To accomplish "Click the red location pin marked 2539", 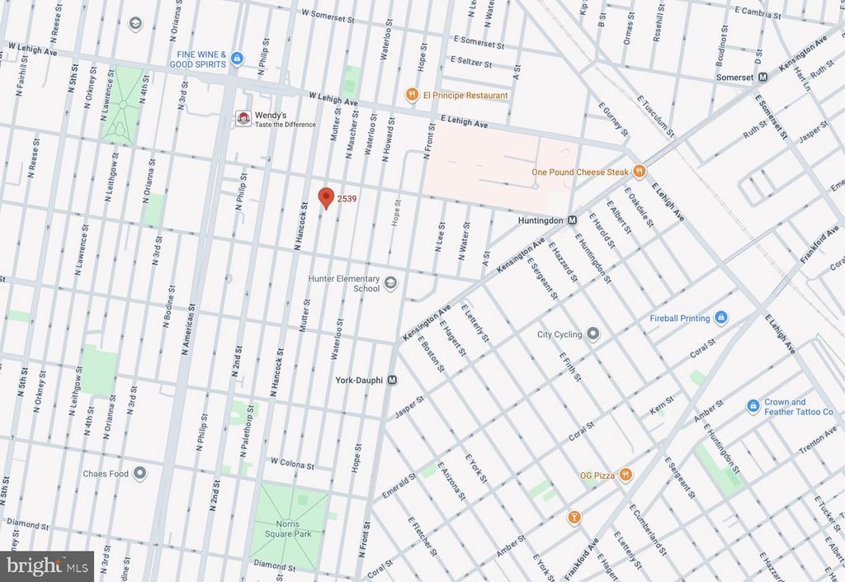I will tap(326, 197).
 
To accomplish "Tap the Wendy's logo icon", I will tap(243, 119).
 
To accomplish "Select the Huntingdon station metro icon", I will tap(571, 220).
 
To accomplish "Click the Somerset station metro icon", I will tap(763, 77).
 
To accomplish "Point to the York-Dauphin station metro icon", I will tap(393, 381).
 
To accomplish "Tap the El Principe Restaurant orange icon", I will tap(411, 95).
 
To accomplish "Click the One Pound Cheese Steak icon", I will tap(639, 172).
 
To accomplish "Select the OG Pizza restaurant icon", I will tap(626, 474).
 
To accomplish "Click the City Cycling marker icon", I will tap(592, 334).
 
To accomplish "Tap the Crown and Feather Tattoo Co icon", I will tap(753, 406).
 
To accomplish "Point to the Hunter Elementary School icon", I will tap(390, 284).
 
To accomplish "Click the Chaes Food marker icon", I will tap(139, 474).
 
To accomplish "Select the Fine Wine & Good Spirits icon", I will tap(238, 58).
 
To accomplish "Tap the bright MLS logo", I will tap(47, 565).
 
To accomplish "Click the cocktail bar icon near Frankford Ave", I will tap(574, 518).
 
